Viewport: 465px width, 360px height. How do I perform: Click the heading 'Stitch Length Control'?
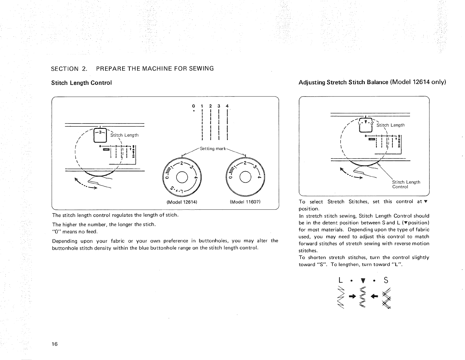(x=82, y=83)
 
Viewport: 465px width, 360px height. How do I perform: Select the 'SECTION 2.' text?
(x=69, y=69)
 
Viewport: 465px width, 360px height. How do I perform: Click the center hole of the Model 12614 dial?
(x=182, y=177)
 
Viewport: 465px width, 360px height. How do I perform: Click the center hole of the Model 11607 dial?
(x=245, y=177)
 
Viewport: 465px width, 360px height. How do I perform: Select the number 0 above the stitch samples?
(x=193, y=106)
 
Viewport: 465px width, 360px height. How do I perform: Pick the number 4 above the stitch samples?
(x=227, y=106)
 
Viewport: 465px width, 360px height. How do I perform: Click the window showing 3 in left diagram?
(x=100, y=135)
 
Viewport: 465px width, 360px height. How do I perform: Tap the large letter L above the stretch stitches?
(x=341, y=280)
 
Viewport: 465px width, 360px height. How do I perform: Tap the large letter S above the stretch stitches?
(x=385, y=280)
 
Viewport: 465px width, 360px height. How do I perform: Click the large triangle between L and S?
(x=363, y=281)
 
